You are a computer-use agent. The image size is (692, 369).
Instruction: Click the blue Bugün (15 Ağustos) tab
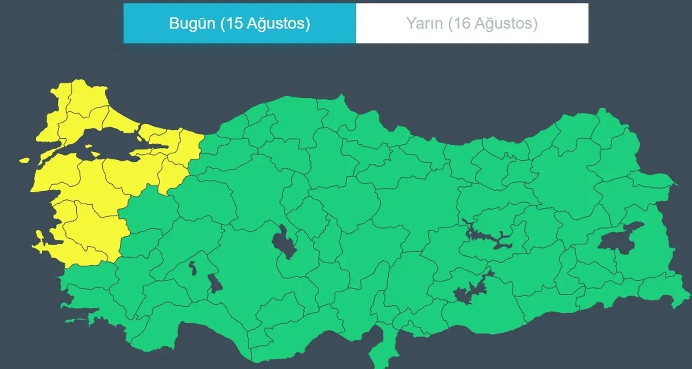(x=239, y=24)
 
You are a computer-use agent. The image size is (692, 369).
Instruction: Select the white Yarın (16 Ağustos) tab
(x=471, y=24)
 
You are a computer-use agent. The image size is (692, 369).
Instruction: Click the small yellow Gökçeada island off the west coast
(x=24, y=160)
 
